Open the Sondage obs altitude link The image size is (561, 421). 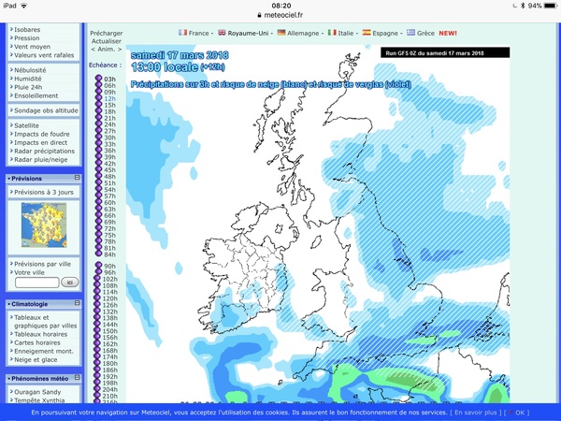coord(46,110)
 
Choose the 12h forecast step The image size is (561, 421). coord(109,98)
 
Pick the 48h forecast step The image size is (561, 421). coord(109,176)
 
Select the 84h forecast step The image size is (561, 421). coord(109,254)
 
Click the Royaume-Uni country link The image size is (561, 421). coord(244,33)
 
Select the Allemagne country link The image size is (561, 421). coord(303,33)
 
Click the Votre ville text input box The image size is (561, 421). coord(32,282)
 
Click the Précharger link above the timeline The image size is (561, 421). coord(107,33)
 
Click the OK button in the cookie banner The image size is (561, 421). coord(522,412)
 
